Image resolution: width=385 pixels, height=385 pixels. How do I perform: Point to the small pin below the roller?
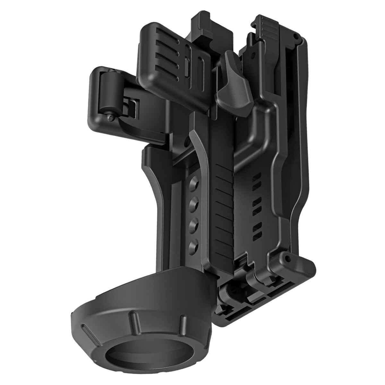point(111,118)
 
